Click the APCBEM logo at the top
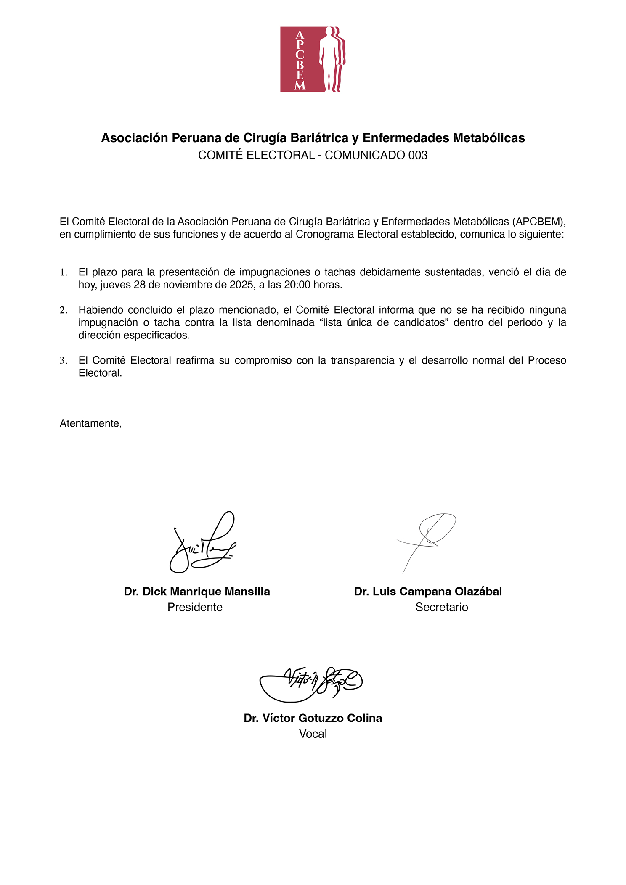pos(313,59)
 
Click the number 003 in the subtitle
pos(418,155)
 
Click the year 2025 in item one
pos(241,285)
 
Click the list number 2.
pos(63,310)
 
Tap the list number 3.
pos(63,361)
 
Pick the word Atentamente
pos(90,423)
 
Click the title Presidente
pos(195,607)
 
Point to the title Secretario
pos(442,607)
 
